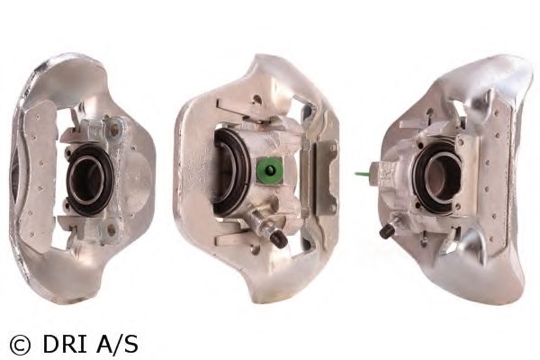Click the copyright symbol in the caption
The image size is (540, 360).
20,345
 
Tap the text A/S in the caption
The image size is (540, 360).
117,345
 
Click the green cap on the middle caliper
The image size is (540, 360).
270,170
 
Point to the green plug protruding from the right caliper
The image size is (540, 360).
362,174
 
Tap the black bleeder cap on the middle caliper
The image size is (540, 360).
279,238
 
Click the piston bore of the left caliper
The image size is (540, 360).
86,179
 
